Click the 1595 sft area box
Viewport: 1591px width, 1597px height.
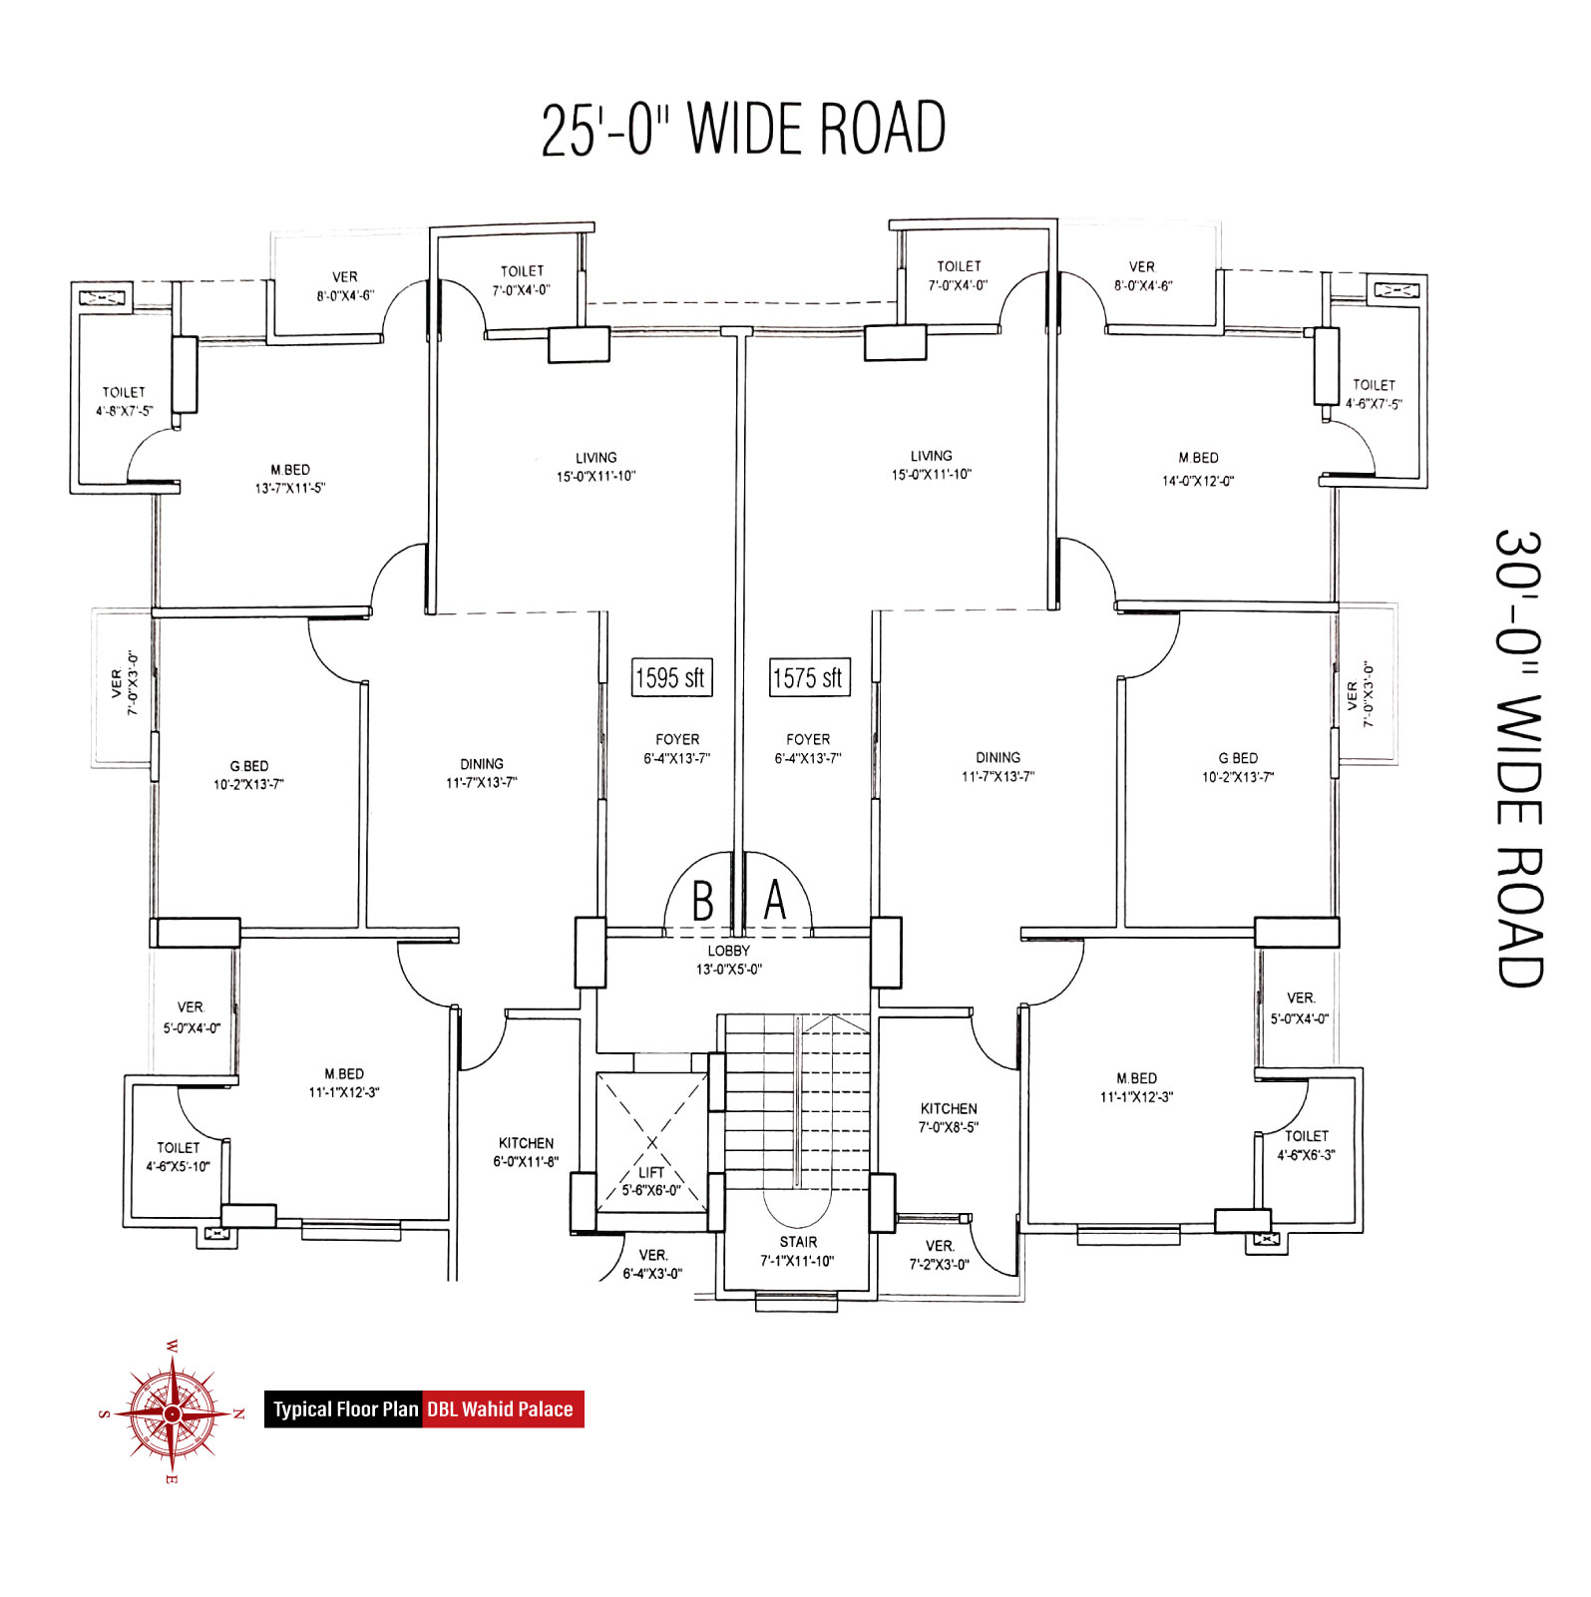670,677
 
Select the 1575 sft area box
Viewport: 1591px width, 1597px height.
809,677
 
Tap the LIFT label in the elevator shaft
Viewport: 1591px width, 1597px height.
651,1172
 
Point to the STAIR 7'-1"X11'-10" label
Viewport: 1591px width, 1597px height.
798,1251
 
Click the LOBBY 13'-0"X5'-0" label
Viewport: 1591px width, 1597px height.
729,960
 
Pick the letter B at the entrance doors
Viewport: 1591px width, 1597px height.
703,901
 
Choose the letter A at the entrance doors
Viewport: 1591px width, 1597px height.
775,900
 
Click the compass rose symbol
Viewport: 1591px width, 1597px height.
172,1412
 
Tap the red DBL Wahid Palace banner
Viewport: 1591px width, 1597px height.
503,1408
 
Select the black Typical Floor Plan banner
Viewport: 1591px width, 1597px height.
344,1408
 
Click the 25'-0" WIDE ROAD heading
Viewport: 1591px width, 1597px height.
744,129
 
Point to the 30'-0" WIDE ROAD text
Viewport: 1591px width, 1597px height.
1518,758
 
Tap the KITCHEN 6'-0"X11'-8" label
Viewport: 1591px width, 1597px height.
526,1152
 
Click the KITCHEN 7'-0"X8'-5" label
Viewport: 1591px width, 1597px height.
949,1117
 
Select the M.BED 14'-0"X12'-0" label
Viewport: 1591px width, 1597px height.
1198,469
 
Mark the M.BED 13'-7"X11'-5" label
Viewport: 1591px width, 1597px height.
290,479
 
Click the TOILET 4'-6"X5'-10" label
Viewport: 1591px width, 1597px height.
178,1157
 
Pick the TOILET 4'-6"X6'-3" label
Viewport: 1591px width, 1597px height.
1307,1145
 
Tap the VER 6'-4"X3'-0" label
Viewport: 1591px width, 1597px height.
653,1264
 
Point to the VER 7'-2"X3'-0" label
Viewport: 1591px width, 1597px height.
940,1255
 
